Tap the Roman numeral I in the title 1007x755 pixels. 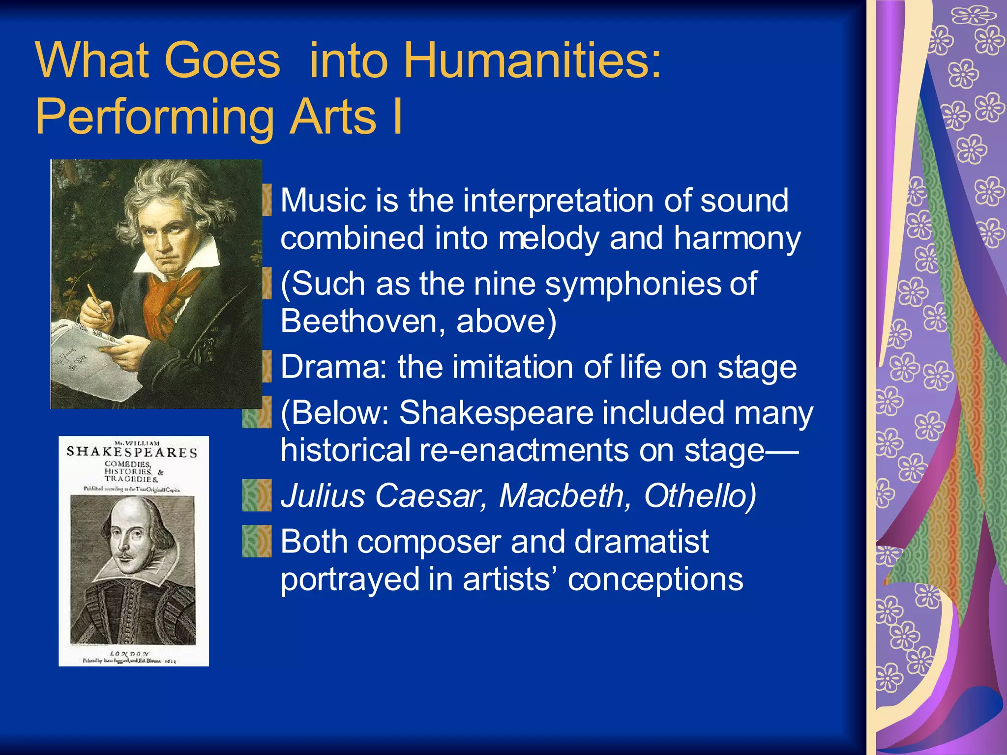(x=397, y=117)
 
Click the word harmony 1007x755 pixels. (x=737, y=239)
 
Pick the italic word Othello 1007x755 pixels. (x=700, y=495)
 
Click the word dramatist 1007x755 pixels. (x=641, y=541)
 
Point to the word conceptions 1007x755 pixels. (x=655, y=579)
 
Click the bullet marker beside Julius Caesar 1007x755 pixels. (x=257, y=495)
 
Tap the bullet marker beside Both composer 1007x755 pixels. (x=257, y=541)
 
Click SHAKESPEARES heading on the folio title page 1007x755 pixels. (x=132, y=452)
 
